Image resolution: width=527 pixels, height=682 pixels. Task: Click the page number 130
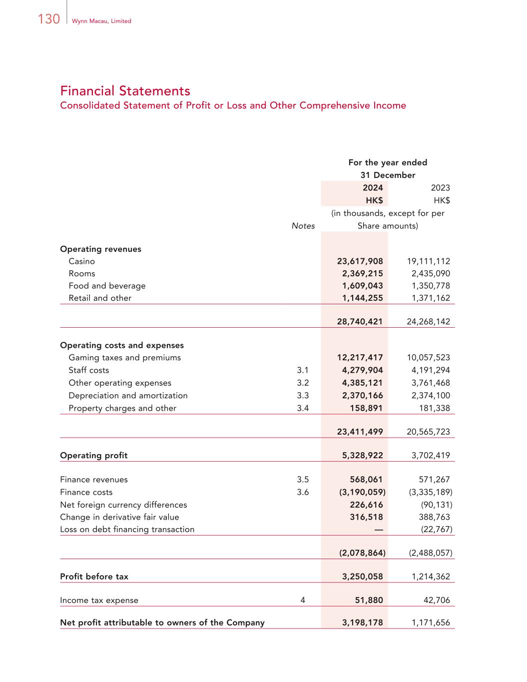[x=48, y=19]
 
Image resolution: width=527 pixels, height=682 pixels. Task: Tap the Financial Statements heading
[x=125, y=91]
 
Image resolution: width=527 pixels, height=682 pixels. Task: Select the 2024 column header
[x=373, y=188]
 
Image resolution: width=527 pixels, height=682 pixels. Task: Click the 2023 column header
[x=440, y=188]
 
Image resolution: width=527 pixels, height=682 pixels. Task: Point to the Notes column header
[x=303, y=226]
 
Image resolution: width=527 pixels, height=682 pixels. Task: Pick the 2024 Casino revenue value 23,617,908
[x=360, y=261]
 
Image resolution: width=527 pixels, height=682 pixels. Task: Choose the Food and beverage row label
[x=107, y=286]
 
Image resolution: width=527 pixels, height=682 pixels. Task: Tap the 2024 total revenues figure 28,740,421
[x=360, y=322]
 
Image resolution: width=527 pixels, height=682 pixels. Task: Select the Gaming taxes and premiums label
[x=124, y=358]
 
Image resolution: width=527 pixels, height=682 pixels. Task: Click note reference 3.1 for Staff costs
[x=303, y=370]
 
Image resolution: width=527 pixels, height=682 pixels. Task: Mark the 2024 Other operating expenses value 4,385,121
[x=362, y=383]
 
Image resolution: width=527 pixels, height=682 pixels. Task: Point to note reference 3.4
[x=303, y=408]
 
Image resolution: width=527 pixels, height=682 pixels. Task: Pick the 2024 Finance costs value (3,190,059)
[x=362, y=492]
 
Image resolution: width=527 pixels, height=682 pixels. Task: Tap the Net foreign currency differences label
[x=123, y=505]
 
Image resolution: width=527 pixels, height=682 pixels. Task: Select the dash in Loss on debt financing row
[x=379, y=530]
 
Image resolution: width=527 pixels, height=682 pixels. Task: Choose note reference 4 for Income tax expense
[x=303, y=601]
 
